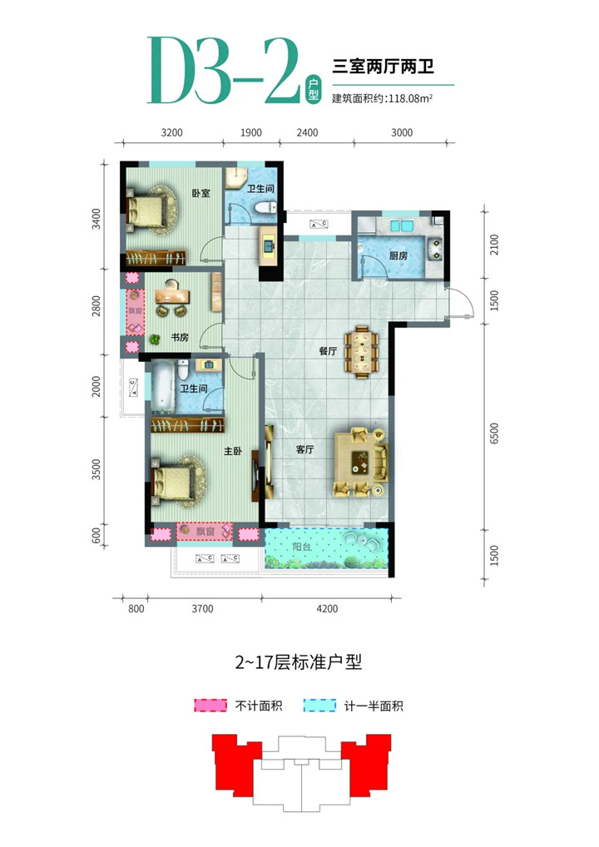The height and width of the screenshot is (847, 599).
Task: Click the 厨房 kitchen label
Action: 398,255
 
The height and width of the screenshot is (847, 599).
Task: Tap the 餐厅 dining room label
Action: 328,351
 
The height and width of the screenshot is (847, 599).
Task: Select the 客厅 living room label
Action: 305,449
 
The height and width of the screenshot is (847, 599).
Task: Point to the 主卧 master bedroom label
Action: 233,451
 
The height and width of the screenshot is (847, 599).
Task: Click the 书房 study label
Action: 180,338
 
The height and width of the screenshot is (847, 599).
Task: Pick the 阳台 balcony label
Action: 302,547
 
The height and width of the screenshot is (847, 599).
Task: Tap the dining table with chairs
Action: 362,350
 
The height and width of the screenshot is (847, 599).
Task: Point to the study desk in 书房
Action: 172,296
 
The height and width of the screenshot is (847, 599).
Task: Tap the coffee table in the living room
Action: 359,461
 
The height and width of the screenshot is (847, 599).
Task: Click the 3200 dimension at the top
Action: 171,133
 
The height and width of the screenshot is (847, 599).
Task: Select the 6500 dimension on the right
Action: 493,433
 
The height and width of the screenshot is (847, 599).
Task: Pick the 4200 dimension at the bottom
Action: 327,609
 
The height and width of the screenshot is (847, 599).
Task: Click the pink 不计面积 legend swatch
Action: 210,706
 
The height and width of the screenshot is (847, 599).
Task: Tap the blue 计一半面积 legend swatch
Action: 319,706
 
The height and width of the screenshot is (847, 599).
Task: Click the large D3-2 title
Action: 224,71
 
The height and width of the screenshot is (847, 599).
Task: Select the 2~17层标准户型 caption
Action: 298,661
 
